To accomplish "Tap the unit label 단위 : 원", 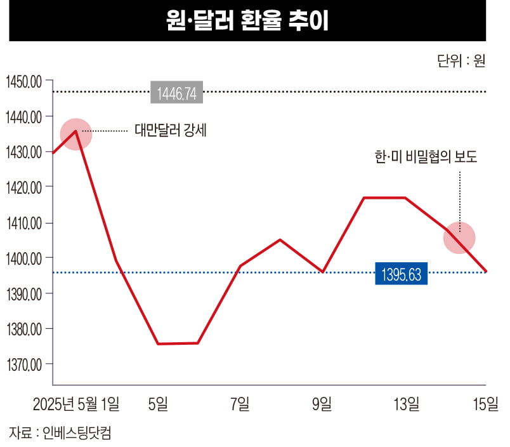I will (461, 62).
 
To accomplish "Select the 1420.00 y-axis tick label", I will (23, 187).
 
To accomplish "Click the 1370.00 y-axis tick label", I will (23, 364).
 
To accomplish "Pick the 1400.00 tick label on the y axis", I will (23, 258).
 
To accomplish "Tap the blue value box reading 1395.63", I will (402, 273).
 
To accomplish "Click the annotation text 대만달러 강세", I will (171, 131).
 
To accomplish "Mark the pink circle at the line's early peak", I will (75, 134).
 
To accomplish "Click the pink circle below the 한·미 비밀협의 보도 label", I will (459, 237).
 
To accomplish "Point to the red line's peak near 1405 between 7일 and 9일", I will (280, 239).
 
